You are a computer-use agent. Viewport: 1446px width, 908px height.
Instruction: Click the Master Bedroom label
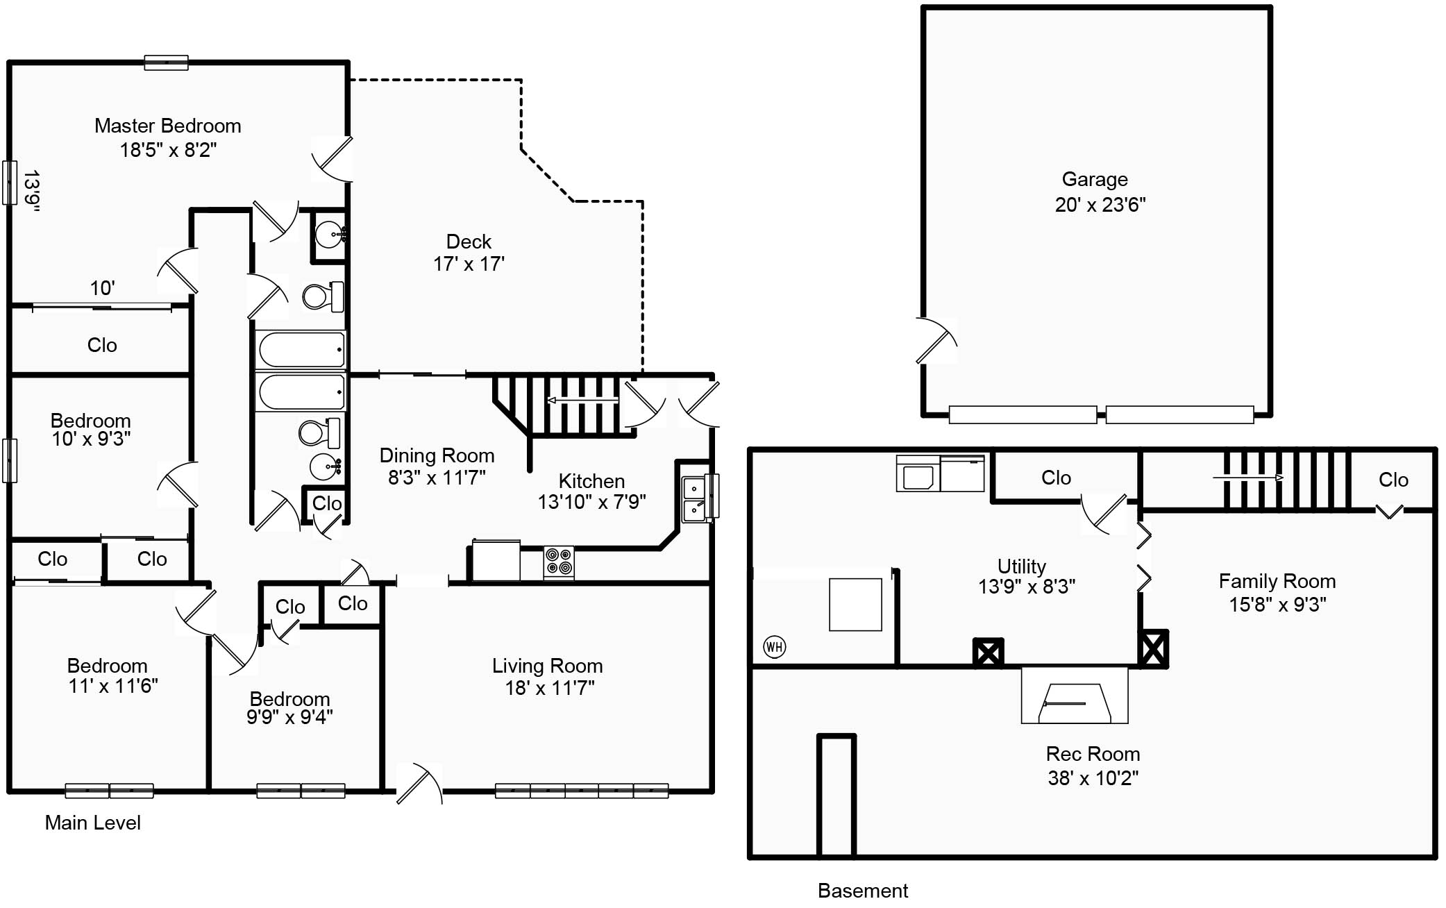168,126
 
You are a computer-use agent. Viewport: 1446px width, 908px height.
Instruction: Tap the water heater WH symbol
774,647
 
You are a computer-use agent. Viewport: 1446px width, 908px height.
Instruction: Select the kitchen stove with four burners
559,562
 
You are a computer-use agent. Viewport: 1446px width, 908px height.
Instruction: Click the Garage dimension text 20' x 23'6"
1100,205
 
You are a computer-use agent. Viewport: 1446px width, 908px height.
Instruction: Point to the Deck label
469,242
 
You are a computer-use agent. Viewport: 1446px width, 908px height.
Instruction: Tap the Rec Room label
1093,754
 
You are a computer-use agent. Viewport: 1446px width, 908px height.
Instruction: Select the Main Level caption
92,823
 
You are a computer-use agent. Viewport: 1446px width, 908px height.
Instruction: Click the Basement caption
862,891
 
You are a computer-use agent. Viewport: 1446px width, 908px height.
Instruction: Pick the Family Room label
1277,581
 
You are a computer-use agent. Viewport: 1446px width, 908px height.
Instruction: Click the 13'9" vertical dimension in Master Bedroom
31,191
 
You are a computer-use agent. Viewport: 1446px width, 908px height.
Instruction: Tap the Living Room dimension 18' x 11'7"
549,688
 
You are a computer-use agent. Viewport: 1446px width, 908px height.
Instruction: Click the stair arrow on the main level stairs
582,401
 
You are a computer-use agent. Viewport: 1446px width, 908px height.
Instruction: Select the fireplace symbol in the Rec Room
1074,704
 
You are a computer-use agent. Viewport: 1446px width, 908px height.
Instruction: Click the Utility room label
1021,566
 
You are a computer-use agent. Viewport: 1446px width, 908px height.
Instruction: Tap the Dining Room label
437,455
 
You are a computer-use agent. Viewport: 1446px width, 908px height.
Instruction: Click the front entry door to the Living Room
419,784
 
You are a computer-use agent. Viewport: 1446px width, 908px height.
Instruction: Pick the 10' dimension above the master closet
102,288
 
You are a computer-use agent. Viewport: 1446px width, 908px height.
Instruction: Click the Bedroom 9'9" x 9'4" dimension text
289,717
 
